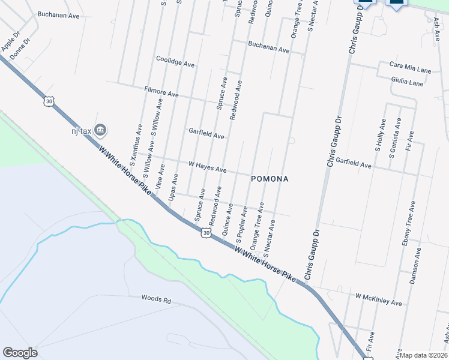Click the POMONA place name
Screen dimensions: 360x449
tap(270, 179)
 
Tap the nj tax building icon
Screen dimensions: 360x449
tap(101, 129)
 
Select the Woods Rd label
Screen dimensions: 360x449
tap(156, 298)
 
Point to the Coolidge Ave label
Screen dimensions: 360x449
tap(175, 62)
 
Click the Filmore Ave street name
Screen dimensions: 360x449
tap(161, 92)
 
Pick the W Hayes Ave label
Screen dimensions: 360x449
tap(207, 167)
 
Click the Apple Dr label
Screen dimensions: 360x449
tap(11, 43)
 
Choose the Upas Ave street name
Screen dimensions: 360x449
tap(173, 187)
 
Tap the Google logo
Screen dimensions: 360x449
tap(20, 353)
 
